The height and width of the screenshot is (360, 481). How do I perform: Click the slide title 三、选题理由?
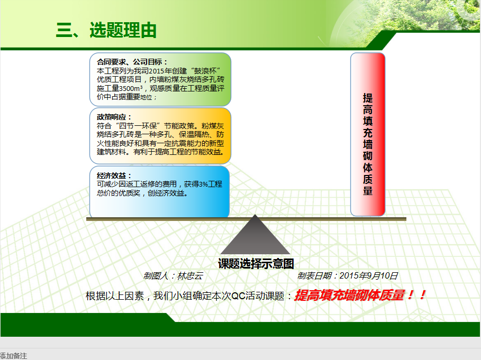click(106, 30)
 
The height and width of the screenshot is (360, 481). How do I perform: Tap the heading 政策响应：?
click(114, 117)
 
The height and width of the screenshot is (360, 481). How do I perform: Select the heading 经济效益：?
click(114, 176)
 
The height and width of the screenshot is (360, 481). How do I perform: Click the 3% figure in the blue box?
click(203, 184)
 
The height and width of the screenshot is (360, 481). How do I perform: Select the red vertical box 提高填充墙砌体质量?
click(368, 134)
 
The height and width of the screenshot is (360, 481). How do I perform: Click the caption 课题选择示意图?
click(256, 264)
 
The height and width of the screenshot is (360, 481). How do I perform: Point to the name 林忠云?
click(190, 276)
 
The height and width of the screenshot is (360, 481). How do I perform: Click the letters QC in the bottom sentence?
click(237, 296)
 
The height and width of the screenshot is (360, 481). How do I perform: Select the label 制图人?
click(156, 276)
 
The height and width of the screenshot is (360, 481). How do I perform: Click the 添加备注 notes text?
click(13, 356)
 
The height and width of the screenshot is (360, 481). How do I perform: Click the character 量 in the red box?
click(368, 191)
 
